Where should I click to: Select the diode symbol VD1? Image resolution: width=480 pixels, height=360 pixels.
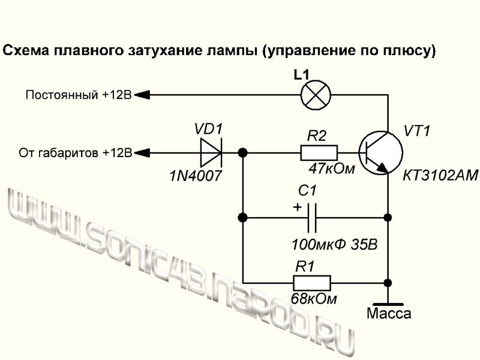tap(211, 152)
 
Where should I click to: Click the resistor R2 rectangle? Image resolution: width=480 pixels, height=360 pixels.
tap(319, 152)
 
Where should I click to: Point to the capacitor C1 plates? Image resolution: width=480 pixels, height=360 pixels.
tap(311, 217)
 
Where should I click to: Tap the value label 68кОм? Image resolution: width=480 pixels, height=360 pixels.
tap(314, 298)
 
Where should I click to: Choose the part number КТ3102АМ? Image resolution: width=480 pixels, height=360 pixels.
tap(440, 176)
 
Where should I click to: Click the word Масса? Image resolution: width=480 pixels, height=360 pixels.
tap(388, 314)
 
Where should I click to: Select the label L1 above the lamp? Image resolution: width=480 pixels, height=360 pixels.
tap(301, 76)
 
